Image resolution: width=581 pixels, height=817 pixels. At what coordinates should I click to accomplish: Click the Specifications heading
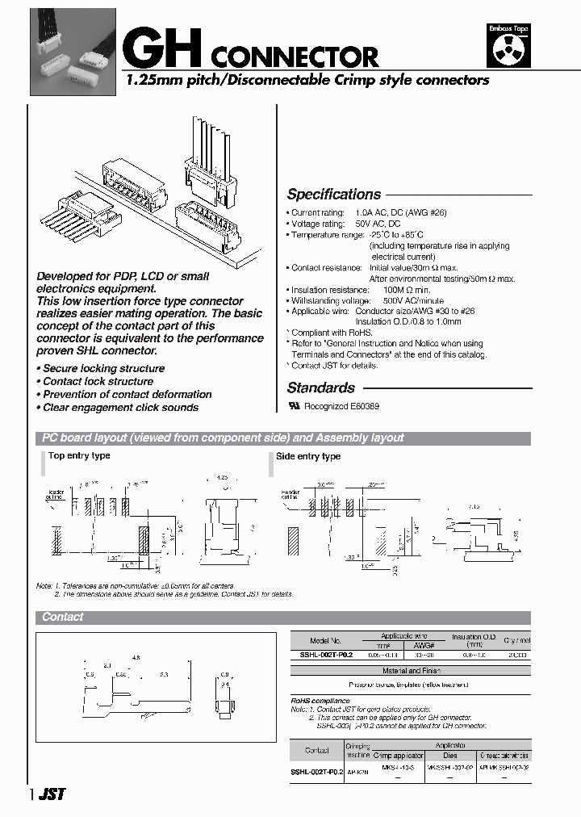tap(334, 195)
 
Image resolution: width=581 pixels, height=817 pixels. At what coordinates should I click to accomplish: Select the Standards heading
tap(321, 388)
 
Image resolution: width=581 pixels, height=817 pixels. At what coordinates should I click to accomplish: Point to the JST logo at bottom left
tap(52, 794)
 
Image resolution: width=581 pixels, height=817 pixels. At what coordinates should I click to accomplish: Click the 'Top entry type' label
tap(79, 456)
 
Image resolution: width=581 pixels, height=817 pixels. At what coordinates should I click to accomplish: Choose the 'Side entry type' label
tap(308, 457)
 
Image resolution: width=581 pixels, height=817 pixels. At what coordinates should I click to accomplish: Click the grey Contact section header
tap(63, 617)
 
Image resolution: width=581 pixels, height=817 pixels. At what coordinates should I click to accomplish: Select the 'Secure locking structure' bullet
tap(103, 369)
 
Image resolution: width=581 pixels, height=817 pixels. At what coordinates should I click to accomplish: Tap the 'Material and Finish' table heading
tap(410, 670)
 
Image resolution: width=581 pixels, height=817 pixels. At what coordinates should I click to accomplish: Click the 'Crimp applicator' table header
tap(393, 756)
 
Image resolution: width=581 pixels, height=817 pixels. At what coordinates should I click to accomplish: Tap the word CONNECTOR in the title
tap(296, 57)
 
